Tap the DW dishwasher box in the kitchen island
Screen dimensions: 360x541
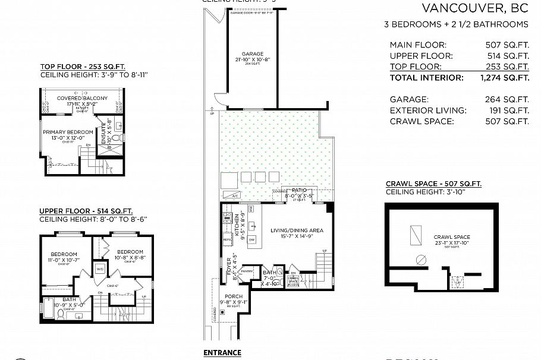[251, 239]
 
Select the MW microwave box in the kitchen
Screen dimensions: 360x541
[251, 209]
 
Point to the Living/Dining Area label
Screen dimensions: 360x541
[297, 230]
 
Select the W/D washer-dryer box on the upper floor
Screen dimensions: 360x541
[100, 269]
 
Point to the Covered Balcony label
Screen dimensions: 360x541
[82, 98]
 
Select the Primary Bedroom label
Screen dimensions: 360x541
[67, 132]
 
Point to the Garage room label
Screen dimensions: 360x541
[252, 53]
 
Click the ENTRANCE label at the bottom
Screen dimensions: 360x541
[222, 352]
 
